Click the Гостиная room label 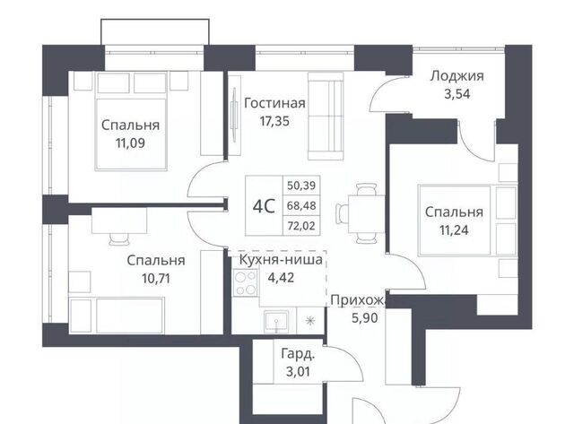(x=274, y=103)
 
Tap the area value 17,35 (x=274, y=121)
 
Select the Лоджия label (x=457, y=76)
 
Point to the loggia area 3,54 (x=457, y=94)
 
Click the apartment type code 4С (x=264, y=206)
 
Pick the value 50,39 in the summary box (x=301, y=186)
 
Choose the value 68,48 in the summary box (x=301, y=205)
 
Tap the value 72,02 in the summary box (x=301, y=226)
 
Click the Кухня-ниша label (x=281, y=260)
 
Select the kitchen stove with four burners (x=245, y=282)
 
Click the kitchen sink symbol (x=276, y=322)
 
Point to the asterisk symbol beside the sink (x=310, y=321)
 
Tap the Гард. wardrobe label (x=298, y=354)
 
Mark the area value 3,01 (x=298, y=372)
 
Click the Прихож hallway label (x=358, y=300)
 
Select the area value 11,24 (x=454, y=230)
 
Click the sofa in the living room (x=326, y=116)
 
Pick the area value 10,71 (x=156, y=279)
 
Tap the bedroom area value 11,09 (x=130, y=143)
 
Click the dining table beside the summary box (x=366, y=214)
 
